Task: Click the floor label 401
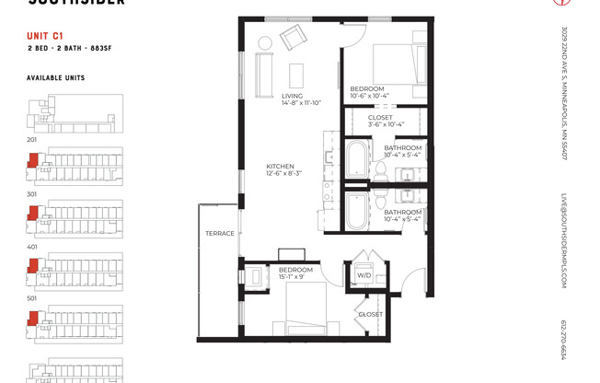[32, 247]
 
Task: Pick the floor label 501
[32, 299]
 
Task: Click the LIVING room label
[292, 96]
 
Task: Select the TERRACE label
[220, 233]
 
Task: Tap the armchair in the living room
[294, 39]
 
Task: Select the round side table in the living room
[264, 42]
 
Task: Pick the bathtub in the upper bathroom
[355, 158]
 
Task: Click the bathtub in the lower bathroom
[355, 211]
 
